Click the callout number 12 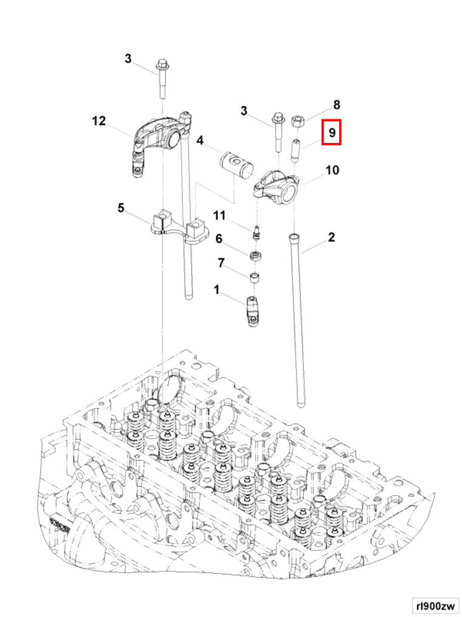98,121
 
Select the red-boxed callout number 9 332,132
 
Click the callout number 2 331,237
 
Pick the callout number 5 121,209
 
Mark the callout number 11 219,215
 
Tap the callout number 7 221,263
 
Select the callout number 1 216,291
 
